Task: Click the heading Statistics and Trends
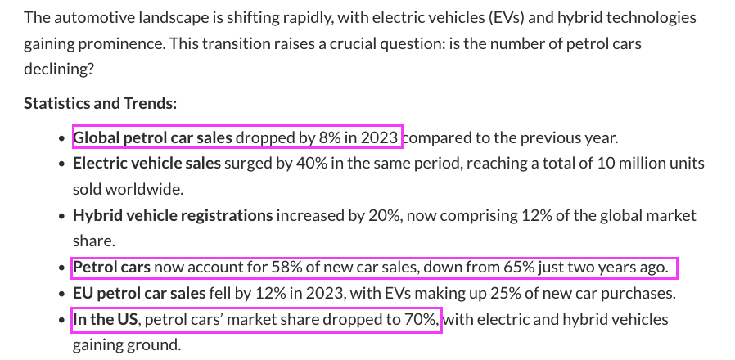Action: [100, 103]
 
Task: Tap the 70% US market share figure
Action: [424, 319]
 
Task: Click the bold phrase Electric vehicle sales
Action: [147, 164]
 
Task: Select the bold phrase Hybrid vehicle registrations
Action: [173, 216]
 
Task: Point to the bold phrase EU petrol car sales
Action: [139, 293]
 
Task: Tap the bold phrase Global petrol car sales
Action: [153, 137]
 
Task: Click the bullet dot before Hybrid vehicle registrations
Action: [62, 217]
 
